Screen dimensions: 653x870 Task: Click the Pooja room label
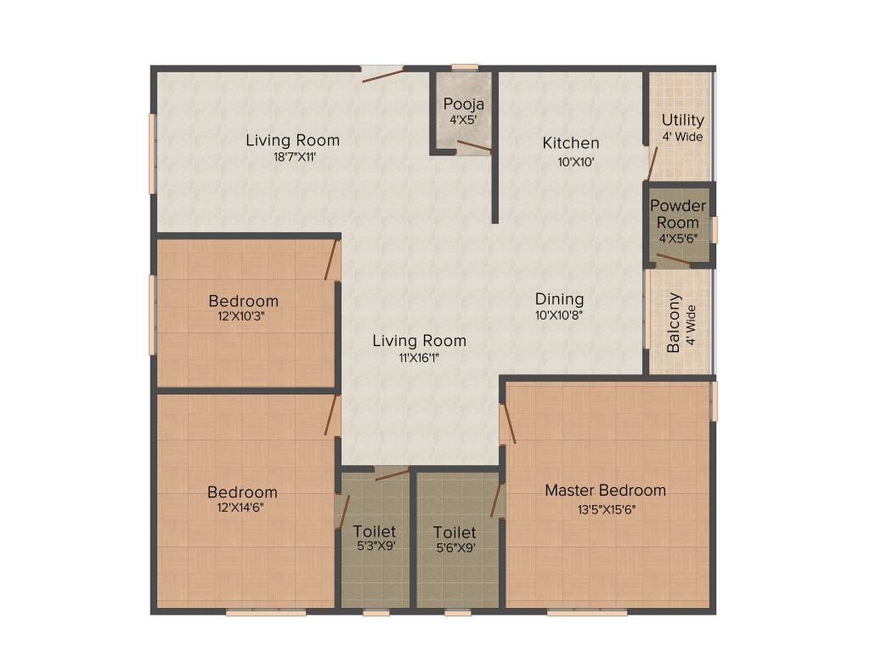(x=464, y=104)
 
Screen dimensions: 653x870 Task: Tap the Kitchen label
(x=571, y=143)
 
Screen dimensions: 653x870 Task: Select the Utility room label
(x=682, y=120)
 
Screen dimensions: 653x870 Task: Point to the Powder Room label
(x=678, y=214)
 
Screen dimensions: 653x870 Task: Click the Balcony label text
(x=674, y=323)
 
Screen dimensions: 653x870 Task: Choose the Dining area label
(x=559, y=299)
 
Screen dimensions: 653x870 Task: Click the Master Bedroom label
(x=605, y=491)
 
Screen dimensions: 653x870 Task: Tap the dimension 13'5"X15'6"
(x=605, y=510)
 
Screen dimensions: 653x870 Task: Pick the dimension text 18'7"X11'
(x=292, y=157)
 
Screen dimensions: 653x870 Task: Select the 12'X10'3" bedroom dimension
(x=243, y=316)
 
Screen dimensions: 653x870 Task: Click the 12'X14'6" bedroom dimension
(x=243, y=508)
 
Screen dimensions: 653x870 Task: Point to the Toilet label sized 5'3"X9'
(x=375, y=532)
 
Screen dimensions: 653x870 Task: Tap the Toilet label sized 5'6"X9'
(x=454, y=532)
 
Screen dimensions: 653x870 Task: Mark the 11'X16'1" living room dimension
(x=419, y=358)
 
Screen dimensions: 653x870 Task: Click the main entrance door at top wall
(x=381, y=74)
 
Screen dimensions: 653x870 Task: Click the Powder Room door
(x=674, y=258)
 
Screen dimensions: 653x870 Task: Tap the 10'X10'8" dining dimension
(x=559, y=315)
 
